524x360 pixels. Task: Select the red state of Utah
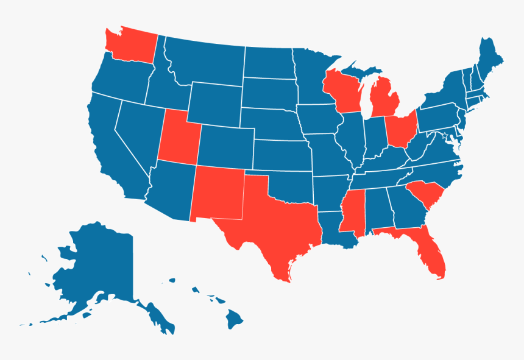pos(177,137)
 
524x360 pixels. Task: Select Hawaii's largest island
pos(235,318)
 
